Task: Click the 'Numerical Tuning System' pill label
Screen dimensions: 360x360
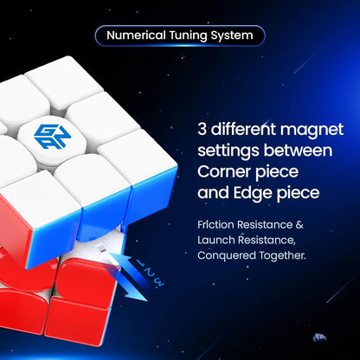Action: click(x=179, y=36)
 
